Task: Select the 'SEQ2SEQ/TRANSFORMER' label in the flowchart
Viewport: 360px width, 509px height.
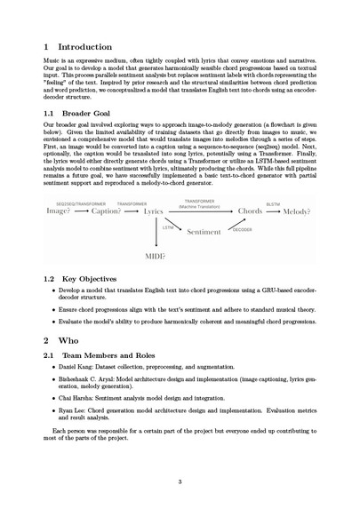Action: click(x=73, y=203)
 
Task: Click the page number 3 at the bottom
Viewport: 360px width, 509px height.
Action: click(x=180, y=483)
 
